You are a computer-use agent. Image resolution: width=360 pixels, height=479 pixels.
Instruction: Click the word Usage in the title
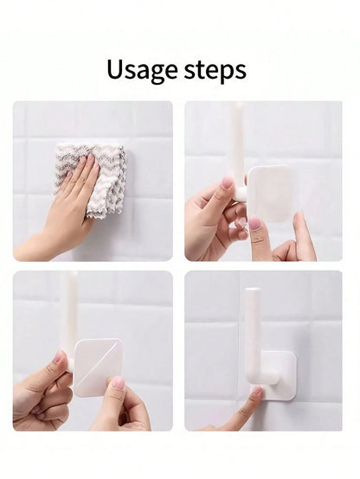pos(142,71)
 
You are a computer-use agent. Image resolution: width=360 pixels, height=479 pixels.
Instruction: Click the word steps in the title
pos(215,70)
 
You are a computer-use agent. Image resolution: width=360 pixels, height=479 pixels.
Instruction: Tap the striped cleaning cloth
pos(92,179)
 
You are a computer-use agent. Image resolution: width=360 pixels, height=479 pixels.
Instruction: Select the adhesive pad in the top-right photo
pos(271,194)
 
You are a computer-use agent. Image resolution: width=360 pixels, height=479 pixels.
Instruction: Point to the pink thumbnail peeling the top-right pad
pos(254,224)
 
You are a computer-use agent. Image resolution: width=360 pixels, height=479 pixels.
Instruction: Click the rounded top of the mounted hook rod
pos(253,290)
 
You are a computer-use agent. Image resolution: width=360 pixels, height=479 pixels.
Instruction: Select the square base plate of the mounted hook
pos(279,376)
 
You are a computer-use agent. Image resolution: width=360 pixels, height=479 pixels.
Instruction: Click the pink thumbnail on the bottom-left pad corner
pos(119,382)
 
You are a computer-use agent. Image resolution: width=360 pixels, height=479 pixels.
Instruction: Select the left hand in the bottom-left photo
pos(42,394)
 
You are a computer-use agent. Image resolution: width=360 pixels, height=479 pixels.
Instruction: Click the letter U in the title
pos(116,69)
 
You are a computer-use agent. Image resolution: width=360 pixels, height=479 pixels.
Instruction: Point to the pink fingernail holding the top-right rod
pos(227,182)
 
